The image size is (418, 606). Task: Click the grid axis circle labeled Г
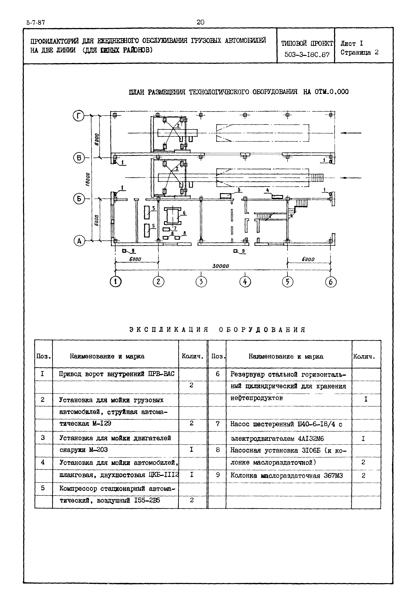pyautogui.click(x=79, y=116)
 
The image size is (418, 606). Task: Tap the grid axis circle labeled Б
pyautogui.click(x=79, y=199)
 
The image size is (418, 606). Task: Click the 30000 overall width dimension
pyautogui.click(x=221, y=266)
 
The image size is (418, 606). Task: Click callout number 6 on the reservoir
pyautogui.click(x=184, y=213)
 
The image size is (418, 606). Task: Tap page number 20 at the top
pyautogui.click(x=200, y=22)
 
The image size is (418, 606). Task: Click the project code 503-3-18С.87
pyautogui.click(x=307, y=54)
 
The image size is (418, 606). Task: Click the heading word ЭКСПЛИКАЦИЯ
pyautogui.click(x=169, y=330)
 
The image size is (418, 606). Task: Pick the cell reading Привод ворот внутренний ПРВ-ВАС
pyautogui.click(x=117, y=374)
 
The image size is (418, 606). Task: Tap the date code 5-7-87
pyautogui.click(x=36, y=22)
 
